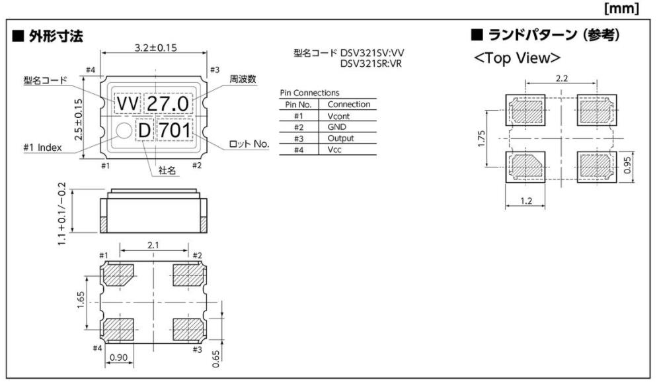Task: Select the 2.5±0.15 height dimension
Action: [79, 119]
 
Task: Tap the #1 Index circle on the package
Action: [122, 130]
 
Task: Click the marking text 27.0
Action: [168, 104]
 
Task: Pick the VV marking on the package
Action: [127, 104]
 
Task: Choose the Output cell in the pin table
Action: [340, 138]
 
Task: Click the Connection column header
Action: [348, 104]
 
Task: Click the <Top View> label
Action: [517, 58]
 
